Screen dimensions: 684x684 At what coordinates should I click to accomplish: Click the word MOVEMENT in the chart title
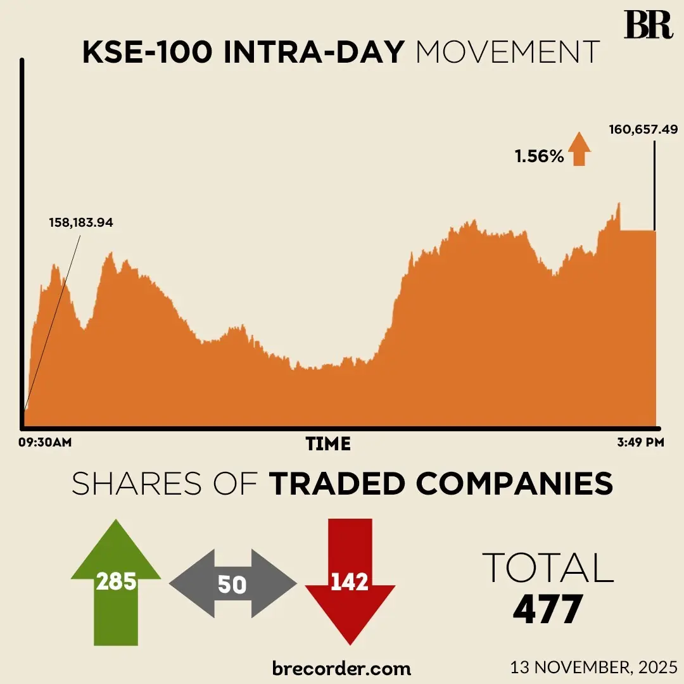coord(507,52)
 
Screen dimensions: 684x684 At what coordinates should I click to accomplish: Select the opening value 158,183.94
coord(80,222)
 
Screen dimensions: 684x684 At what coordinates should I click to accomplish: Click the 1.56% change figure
coord(539,156)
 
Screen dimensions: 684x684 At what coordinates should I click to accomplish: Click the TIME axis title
coord(328,444)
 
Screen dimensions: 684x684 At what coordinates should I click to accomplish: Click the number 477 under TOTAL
coord(547,609)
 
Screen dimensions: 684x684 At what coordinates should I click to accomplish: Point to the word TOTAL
coord(548,567)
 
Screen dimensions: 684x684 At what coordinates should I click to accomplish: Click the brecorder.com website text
coord(341,668)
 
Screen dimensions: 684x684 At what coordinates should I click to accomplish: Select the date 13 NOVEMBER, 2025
coord(593,667)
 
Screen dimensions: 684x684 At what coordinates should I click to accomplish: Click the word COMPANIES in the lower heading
coord(514,484)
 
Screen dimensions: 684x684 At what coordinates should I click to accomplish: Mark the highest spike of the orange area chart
coord(618,205)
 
